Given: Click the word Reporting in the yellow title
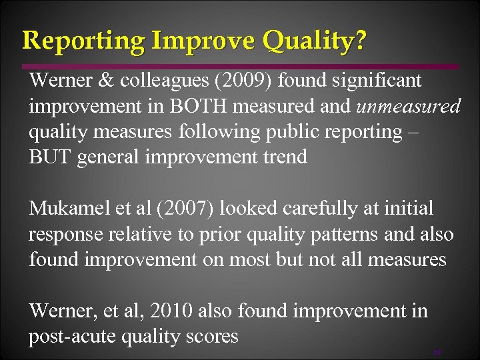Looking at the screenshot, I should tap(83, 41).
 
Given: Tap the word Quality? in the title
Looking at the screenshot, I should tap(313, 41).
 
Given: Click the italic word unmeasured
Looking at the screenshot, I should tap(408, 107).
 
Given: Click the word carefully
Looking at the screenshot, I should tap(307, 209).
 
